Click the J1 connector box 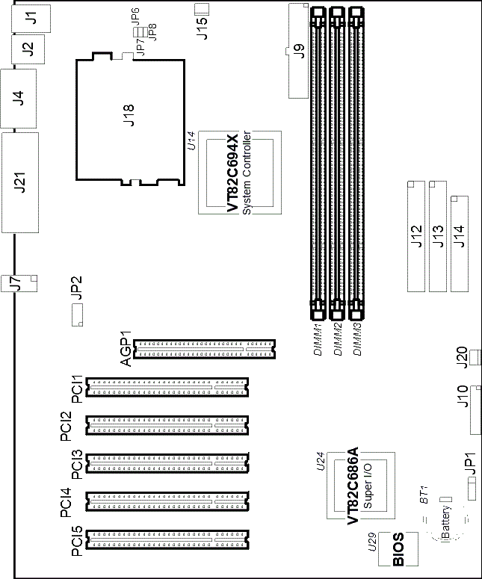coord(31,19)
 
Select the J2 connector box coord(28,49)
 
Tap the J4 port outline coord(19,98)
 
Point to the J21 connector coord(20,182)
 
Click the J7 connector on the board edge coord(19,283)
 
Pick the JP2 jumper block coord(77,315)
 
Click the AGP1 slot coord(204,350)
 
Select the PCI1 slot coord(167,387)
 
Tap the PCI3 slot coord(167,463)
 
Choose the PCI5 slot coord(167,540)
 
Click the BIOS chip coord(398,549)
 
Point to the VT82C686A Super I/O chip coord(361,485)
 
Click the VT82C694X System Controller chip coord(240,173)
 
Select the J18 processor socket coord(130,119)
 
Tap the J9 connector coord(298,51)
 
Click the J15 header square coord(202,9)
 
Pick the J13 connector coord(438,236)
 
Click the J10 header coord(476,410)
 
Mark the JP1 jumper coord(472,489)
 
